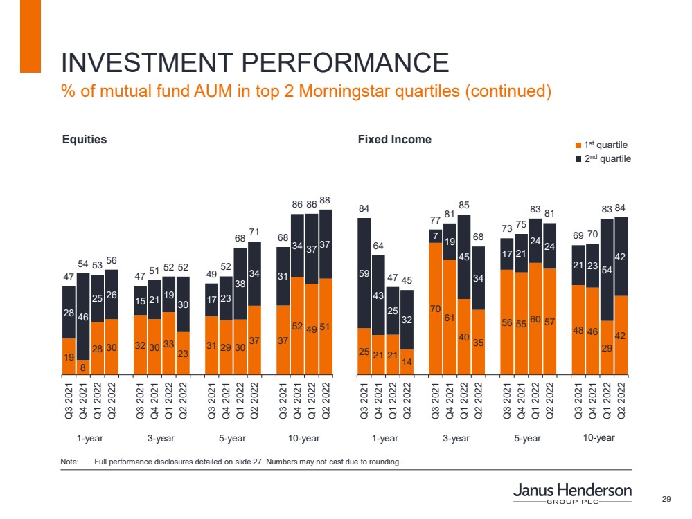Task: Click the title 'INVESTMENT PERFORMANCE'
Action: click(255, 63)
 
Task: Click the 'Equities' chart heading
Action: click(85, 140)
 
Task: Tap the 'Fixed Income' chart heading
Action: click(395, 140)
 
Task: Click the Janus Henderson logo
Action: click(572, 493)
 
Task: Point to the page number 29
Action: click(668, 500)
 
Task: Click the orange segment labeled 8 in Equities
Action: click(83, 367)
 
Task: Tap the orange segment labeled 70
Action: click(435, 309)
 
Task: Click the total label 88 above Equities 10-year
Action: click(325, 201)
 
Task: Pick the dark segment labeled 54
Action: click(606, 269)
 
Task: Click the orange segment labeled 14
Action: click(407, 361)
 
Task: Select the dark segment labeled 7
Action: click(435, 236)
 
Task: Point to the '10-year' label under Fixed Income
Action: click(597, 437)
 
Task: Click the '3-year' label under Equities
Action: click(161, 438)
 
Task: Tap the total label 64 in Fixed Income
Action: click(378, 246)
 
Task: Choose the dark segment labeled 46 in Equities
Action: click(83, 316)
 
